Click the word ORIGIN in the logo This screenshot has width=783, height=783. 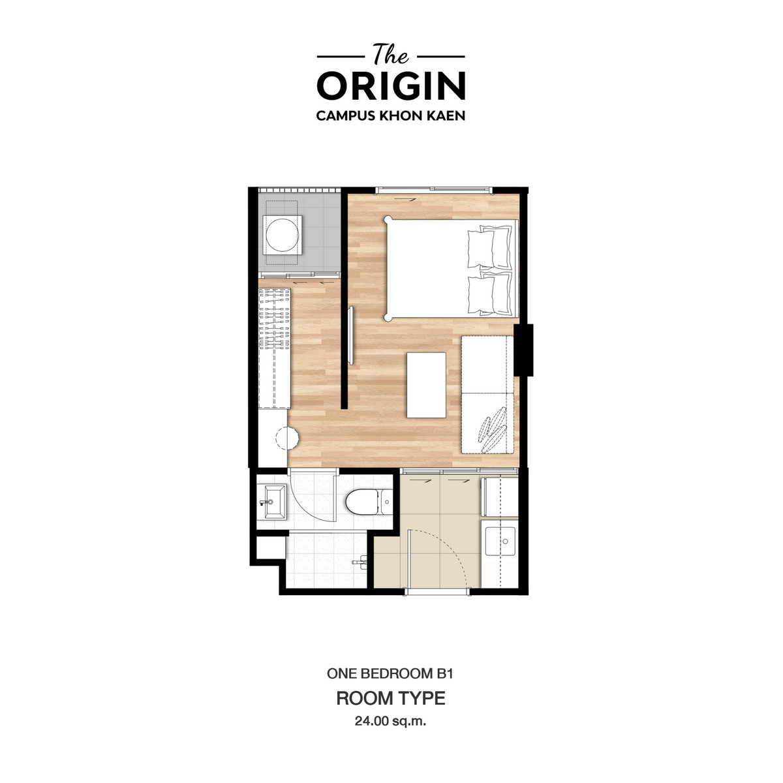(x=391, y=85)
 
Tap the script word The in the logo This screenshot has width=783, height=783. (x=391, y=54)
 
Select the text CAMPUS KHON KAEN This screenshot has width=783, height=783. (x=391, y=115)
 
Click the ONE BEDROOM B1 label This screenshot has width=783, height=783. (x=390, y=673)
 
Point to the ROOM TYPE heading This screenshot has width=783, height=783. (x=391, y=698)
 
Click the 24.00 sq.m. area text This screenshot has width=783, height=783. (x=390, y=721)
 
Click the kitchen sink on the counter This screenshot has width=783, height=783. (x=500, y=542)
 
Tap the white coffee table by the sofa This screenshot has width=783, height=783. (x=426, y=385)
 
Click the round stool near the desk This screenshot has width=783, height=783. (x=287, y=438)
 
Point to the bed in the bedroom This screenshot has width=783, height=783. (x=451, y=269)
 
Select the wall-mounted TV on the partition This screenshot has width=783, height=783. (x=351, y=335)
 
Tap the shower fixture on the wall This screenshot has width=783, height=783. (x=360, y=562)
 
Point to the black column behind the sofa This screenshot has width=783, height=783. (x=523, y=350)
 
